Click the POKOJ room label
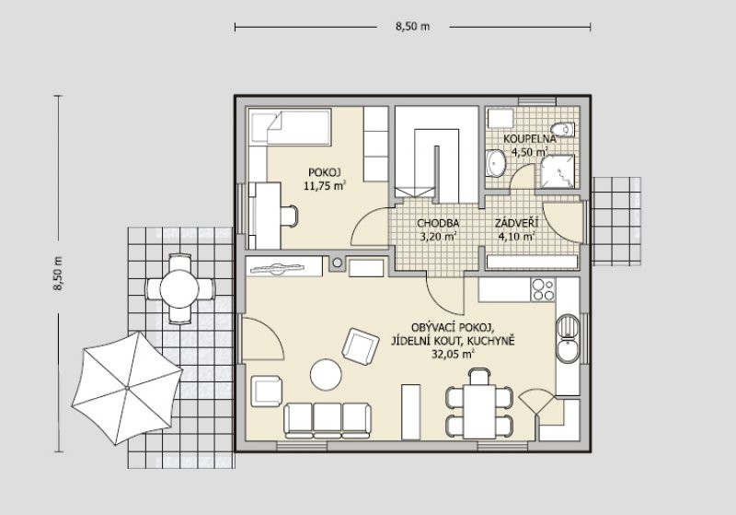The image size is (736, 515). coord(324,171)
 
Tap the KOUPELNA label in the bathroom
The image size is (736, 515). coord(530,138)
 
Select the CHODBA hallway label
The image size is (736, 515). coord(438,223)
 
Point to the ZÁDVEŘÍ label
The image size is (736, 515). coord(517,223)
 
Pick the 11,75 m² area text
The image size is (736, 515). coord(325,185)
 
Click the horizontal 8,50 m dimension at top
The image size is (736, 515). coord(412,27)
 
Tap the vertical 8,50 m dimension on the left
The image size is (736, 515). coord(58,274)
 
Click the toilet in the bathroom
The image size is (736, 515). coord(562,129)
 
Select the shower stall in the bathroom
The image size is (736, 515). coord(558,172)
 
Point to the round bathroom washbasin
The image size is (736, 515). coord(495,163)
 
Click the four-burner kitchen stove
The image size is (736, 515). coord(543,289)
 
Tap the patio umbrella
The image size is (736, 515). coord(127,388)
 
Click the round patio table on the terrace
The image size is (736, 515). coord(179,288)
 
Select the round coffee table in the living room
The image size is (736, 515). coord(326,374)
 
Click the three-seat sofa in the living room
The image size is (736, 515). coord(328,420)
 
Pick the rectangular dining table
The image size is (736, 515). coord(479,411)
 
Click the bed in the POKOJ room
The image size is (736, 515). coord(290,127)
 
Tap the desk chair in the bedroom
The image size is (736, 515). coord(289,217)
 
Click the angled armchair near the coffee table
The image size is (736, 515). coord(361,346)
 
